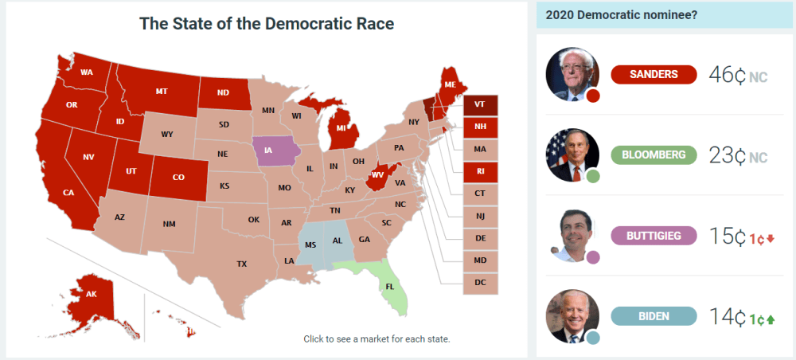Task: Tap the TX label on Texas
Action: point(242,264)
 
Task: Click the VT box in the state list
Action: point(480,104)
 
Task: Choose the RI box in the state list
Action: point(480,171)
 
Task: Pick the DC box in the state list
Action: point(480,283)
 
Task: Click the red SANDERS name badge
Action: point(654,74)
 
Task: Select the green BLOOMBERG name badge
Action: point(654,155)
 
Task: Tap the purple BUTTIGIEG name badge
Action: point(654,236)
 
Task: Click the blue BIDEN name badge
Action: point(654,316)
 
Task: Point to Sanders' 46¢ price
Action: point(727,76)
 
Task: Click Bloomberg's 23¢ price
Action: point(727,156)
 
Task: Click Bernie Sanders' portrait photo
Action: point(571,73)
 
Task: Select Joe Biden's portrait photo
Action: point(571,315)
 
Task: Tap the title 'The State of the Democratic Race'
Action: point(267,24)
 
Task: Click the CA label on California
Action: point(68,193)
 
